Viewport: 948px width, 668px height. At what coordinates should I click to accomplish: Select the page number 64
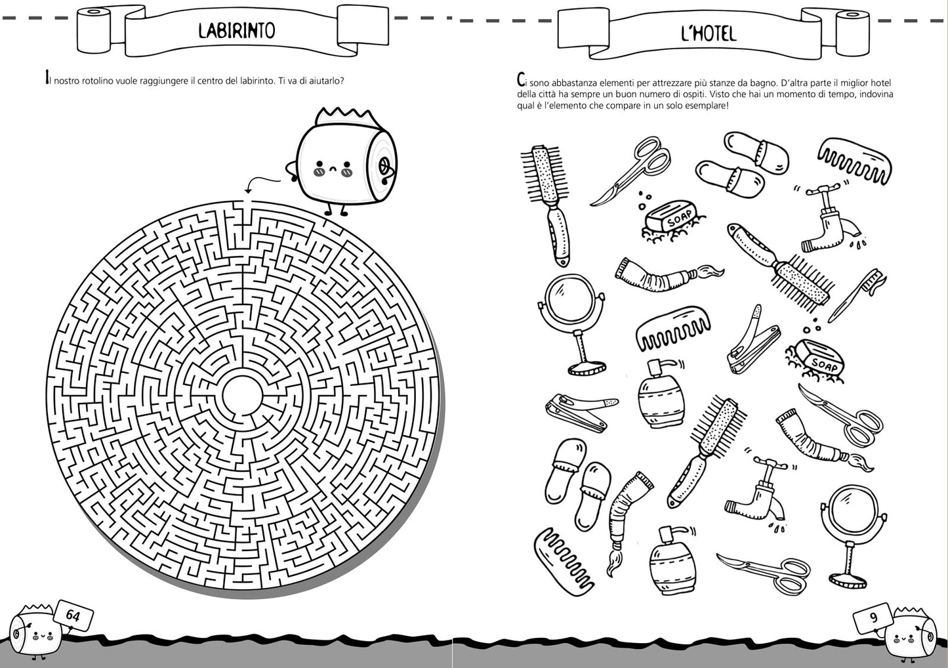72,616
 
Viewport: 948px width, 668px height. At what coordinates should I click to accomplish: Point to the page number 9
873,617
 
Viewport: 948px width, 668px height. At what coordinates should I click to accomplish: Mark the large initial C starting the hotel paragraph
521,81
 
